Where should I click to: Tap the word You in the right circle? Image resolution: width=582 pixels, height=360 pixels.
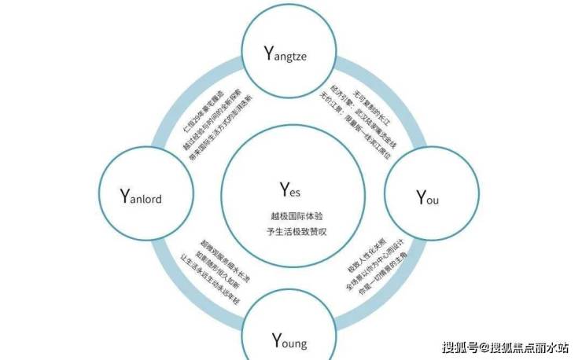pyautogui.click(x=427, y=197)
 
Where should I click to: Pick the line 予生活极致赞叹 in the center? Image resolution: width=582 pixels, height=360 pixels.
pyautogui.click(x=290, y=230)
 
